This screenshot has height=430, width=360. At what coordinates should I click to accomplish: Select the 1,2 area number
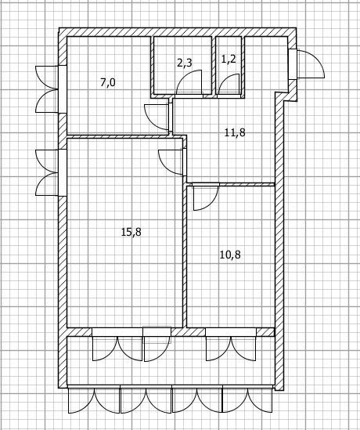229,59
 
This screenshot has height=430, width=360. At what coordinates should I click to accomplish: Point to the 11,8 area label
234,132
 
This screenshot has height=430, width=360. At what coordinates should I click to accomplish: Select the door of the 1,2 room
229,85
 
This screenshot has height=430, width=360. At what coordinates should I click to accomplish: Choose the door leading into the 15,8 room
173,161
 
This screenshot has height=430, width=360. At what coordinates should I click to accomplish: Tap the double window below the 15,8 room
117,345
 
